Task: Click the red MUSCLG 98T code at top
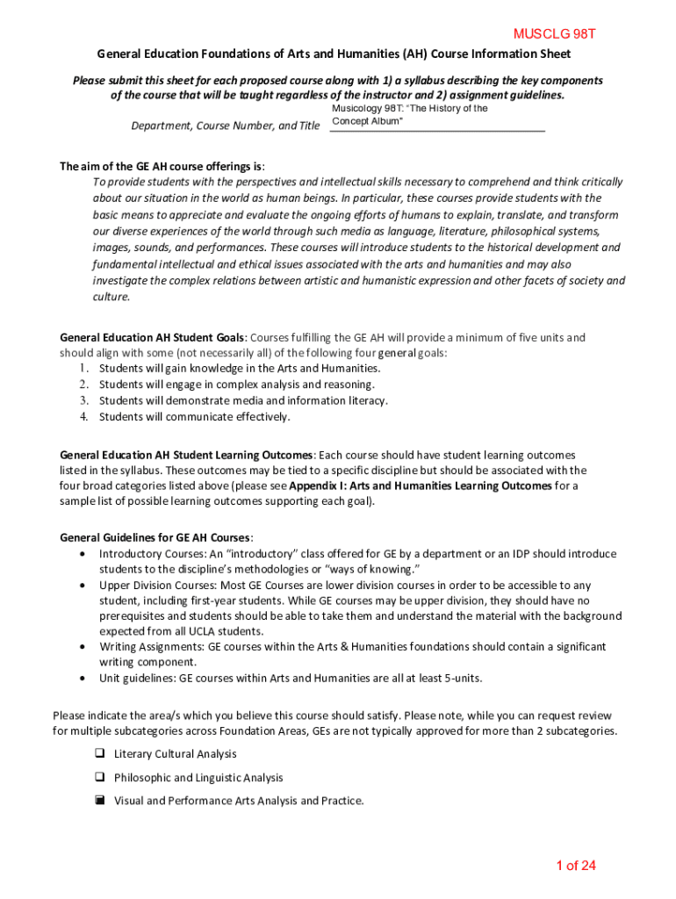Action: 554,34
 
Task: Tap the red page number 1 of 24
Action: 575,866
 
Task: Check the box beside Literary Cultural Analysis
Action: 100,753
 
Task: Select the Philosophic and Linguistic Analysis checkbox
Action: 100,777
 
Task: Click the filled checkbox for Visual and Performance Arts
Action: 100,800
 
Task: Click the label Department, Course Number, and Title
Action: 225,126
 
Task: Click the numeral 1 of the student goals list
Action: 83,369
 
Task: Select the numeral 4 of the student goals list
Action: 83,416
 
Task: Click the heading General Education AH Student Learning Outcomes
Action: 185,455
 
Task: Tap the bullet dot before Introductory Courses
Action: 83,554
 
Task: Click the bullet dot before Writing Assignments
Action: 83,646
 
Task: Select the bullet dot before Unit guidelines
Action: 83,678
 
